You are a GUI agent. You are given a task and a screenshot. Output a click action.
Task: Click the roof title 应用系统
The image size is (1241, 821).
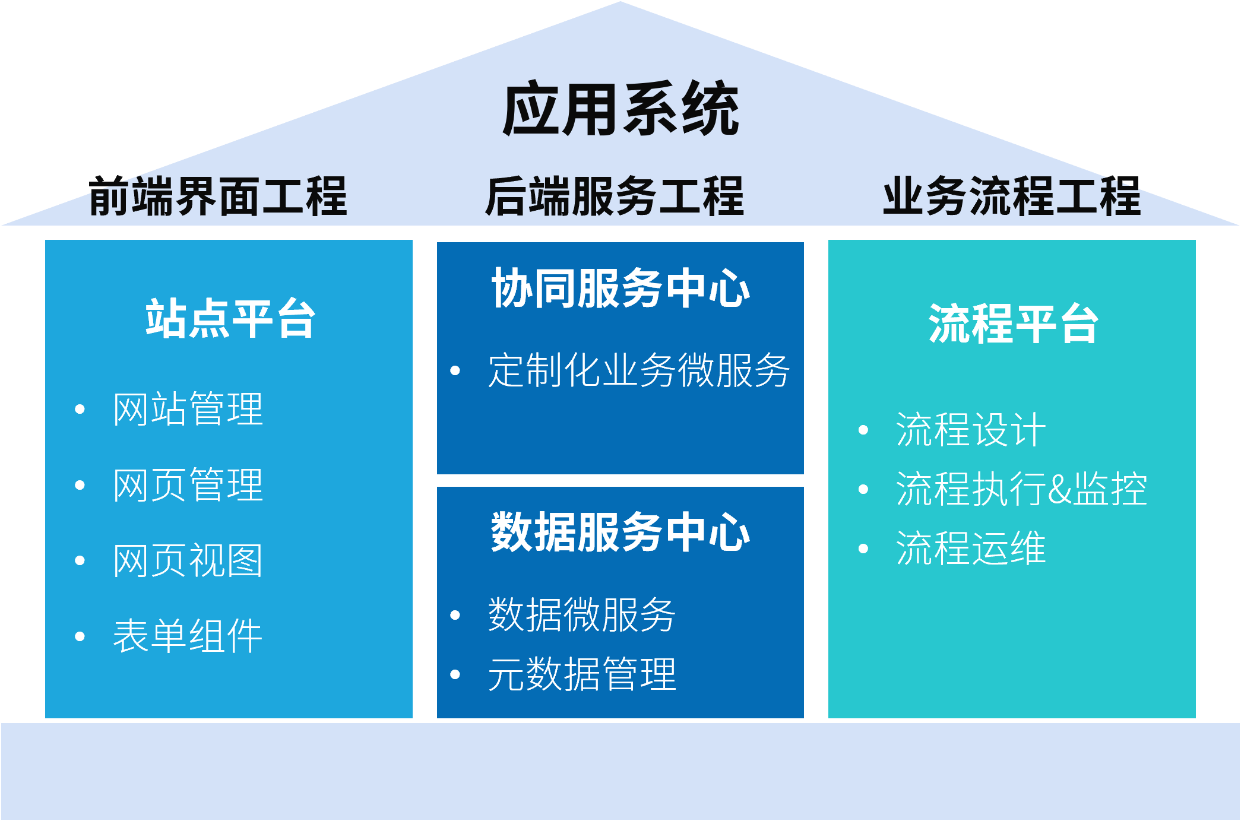620,110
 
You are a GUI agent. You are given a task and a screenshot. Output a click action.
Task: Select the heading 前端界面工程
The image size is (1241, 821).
217,196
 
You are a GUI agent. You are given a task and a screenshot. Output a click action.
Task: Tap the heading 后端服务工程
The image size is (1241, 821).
615,196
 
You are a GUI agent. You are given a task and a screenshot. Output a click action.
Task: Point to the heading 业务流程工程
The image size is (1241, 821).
1012,196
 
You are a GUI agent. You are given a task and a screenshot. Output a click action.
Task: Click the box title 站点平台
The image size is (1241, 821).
230,319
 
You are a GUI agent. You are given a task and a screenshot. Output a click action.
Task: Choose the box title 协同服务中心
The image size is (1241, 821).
620,289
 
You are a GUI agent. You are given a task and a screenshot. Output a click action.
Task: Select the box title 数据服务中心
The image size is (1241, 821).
620,532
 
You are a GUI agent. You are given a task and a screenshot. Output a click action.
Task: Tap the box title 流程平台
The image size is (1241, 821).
1013,324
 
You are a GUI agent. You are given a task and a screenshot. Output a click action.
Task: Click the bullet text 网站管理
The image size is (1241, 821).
188,409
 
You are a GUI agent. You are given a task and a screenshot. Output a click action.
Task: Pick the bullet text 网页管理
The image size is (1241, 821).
188,485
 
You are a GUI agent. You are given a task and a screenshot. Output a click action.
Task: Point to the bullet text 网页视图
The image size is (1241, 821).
188,560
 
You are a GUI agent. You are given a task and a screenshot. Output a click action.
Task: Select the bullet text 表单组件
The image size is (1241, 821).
188,636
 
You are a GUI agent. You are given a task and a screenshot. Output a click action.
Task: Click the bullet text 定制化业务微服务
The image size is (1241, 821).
639,370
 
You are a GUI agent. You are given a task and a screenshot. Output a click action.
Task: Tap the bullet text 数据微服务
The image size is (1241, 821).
582,615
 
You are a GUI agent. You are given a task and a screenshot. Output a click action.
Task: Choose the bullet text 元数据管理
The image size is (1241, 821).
582,674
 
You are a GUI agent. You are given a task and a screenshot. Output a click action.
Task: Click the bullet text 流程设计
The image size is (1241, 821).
971,430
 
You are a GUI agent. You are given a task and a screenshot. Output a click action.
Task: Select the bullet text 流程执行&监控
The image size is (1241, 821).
1021,489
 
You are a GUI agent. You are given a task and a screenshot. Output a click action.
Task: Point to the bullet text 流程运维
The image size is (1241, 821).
971,548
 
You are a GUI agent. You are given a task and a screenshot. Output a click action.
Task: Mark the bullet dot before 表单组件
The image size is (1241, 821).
80,637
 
